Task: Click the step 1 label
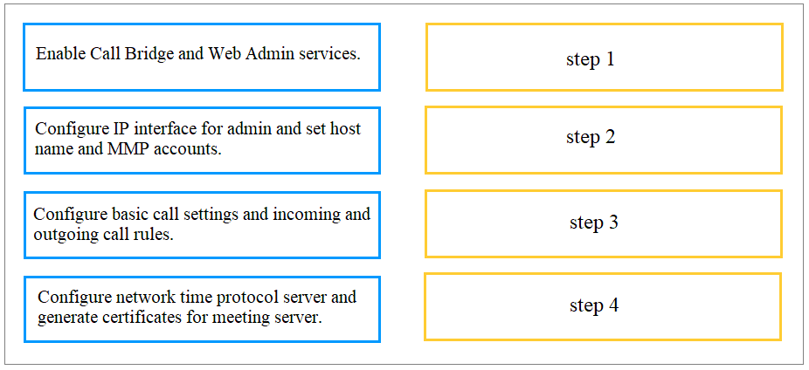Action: (x=591, y=59)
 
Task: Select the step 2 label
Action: (x=591, y=137)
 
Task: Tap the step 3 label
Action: (x=594, y=223)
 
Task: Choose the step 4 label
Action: (x=594, y=305)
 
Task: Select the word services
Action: (x=329, y=54)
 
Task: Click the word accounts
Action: (x=185, y=148)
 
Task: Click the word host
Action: (x=344, y=129)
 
